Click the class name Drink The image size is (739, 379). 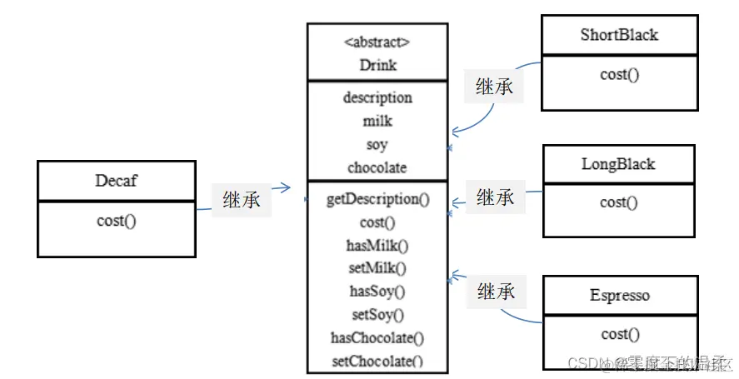pyautogui.click(x=377, y=65)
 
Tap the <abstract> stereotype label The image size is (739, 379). pyautogui.click(x=377, y=42)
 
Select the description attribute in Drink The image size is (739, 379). pyautogui.click(x=377, y=97)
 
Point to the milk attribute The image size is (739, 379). pyautogui.click(x=377, y=121)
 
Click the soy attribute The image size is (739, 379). pyautogui.click(x=377, y=144)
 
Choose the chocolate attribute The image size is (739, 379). pyautogui.click(x=377, y=167)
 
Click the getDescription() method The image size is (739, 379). pyautogui.click(x=377, y=199)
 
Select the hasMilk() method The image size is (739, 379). pyautogui.click(x=377, y=245)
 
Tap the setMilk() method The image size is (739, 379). pyautogui.click(x=377, y=268)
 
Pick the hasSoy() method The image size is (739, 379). pyautogui.click(x=377, y=292)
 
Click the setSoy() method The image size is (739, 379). pyautogui.click(x=377, y=315)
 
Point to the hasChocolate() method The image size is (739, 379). pyautogui.click(x=377, y=338)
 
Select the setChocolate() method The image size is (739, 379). pyautogui.click(x=377, y=362)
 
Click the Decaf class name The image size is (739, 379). pyautogui.click(x=117, y=181)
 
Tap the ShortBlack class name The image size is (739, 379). pyautogui.click(x=619, y=35)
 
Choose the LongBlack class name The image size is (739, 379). pyautogui.click(x=618, y=164)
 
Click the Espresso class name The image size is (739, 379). pyautogui.click(x=619, y=296)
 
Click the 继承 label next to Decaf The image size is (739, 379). pyautogui.click(x=242, y=200)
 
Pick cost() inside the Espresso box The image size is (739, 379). pyautogui.click(x=619, y=334)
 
